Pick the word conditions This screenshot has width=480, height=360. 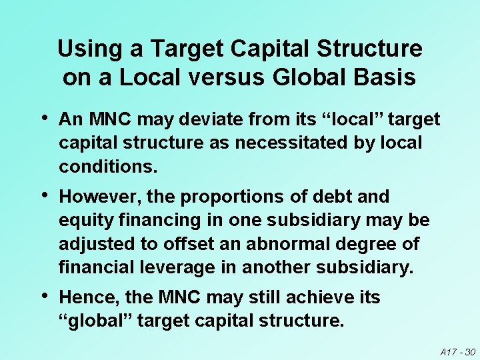click(x=108, y=166)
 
